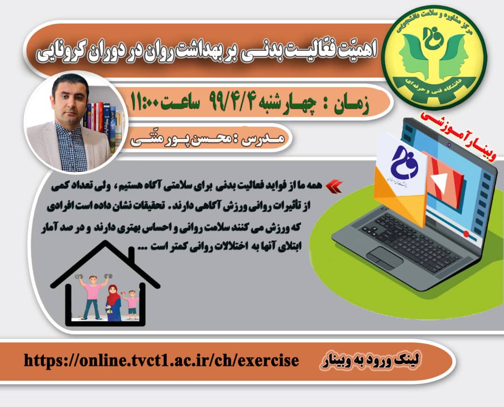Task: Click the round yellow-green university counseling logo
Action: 435,58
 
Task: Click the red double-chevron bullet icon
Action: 334,186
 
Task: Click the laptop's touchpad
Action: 385,258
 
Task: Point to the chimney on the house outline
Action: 131,256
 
